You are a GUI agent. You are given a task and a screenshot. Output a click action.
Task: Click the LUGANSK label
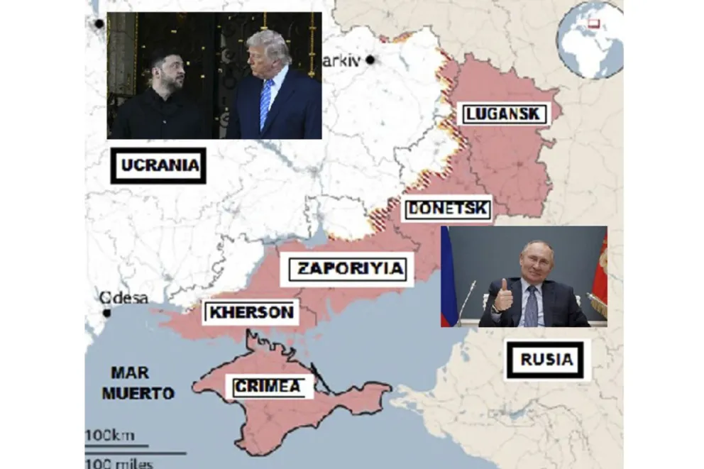tap(502, 114)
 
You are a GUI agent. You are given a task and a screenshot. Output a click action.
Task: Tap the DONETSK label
tap(448, 209)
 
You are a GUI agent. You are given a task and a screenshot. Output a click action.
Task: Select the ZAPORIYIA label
tap(350, 269)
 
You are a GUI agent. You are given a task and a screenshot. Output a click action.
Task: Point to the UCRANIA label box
tap(158, 166)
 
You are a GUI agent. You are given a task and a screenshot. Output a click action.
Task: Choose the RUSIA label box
tap(546, 360)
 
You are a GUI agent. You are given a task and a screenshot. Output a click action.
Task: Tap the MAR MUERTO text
tap(138, 382)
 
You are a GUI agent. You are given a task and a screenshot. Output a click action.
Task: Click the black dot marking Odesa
tap(106, 313)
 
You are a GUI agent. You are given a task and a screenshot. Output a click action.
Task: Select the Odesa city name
tap(124, 298)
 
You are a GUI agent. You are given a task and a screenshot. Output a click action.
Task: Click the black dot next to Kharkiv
tap(370, 60)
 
